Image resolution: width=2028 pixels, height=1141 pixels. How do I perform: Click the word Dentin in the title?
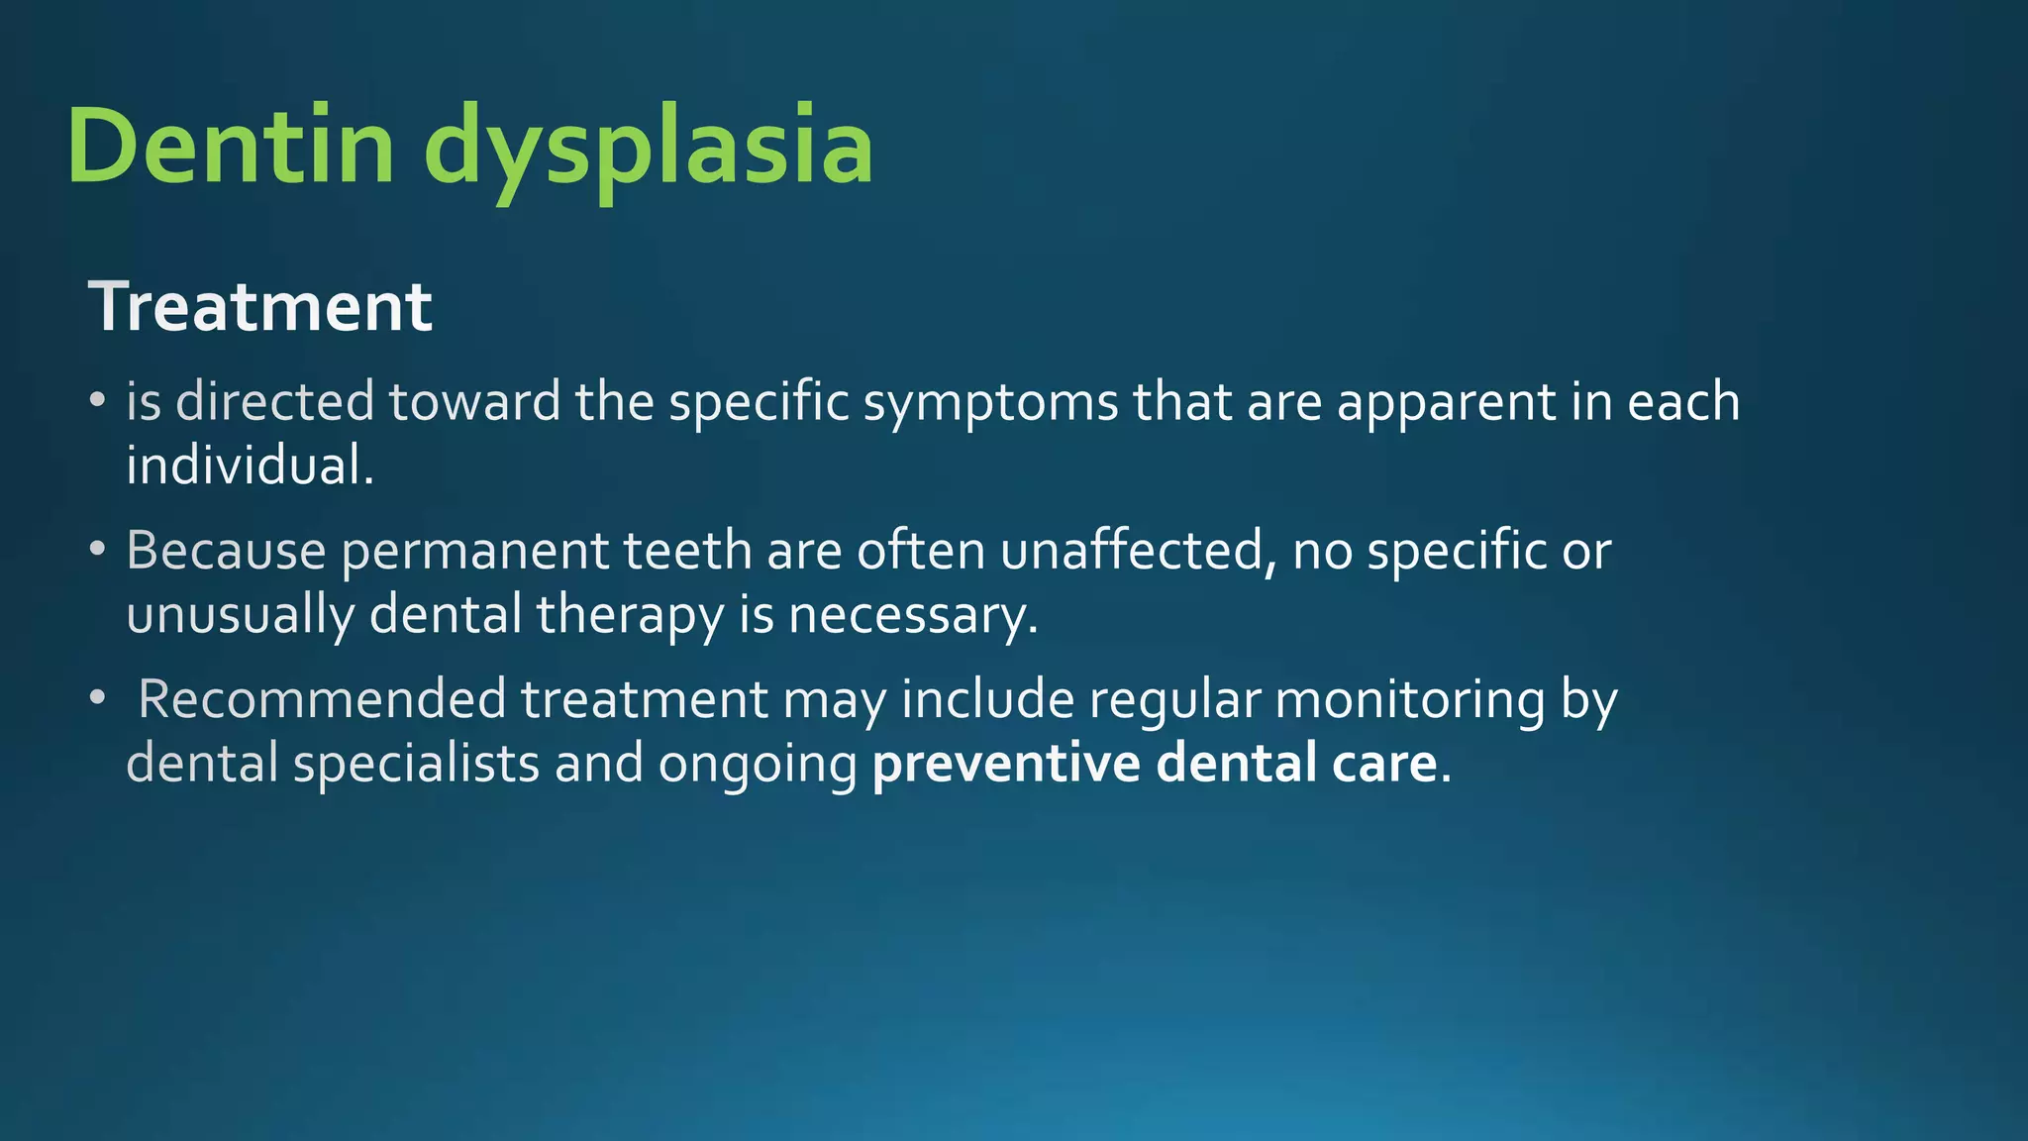[x=230, y=147]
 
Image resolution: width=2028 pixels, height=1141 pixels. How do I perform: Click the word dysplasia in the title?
[x=649, y=149]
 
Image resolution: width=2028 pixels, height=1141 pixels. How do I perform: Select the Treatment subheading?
[x=260, y=306]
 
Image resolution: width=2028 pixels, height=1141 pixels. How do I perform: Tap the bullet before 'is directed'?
[x=96, y=401]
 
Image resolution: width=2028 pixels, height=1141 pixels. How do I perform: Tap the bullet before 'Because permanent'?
[x=96, y=549]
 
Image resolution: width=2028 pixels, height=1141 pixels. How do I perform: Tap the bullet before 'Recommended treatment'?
[x=96, y=698]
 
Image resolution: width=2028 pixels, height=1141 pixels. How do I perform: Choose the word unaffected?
[x=1132, y=550]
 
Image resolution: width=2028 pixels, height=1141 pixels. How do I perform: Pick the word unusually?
[x=240, y=615]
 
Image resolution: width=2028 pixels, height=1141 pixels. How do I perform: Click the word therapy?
[x=630, y=615]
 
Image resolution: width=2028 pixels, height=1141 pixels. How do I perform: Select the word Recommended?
[x=322, y=698]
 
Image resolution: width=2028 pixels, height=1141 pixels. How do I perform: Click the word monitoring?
[x=1409, y=700]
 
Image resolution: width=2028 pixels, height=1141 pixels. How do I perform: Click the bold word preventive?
[x=1006, y=764]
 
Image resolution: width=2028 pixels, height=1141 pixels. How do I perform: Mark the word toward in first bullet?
[x=474, y=401]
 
